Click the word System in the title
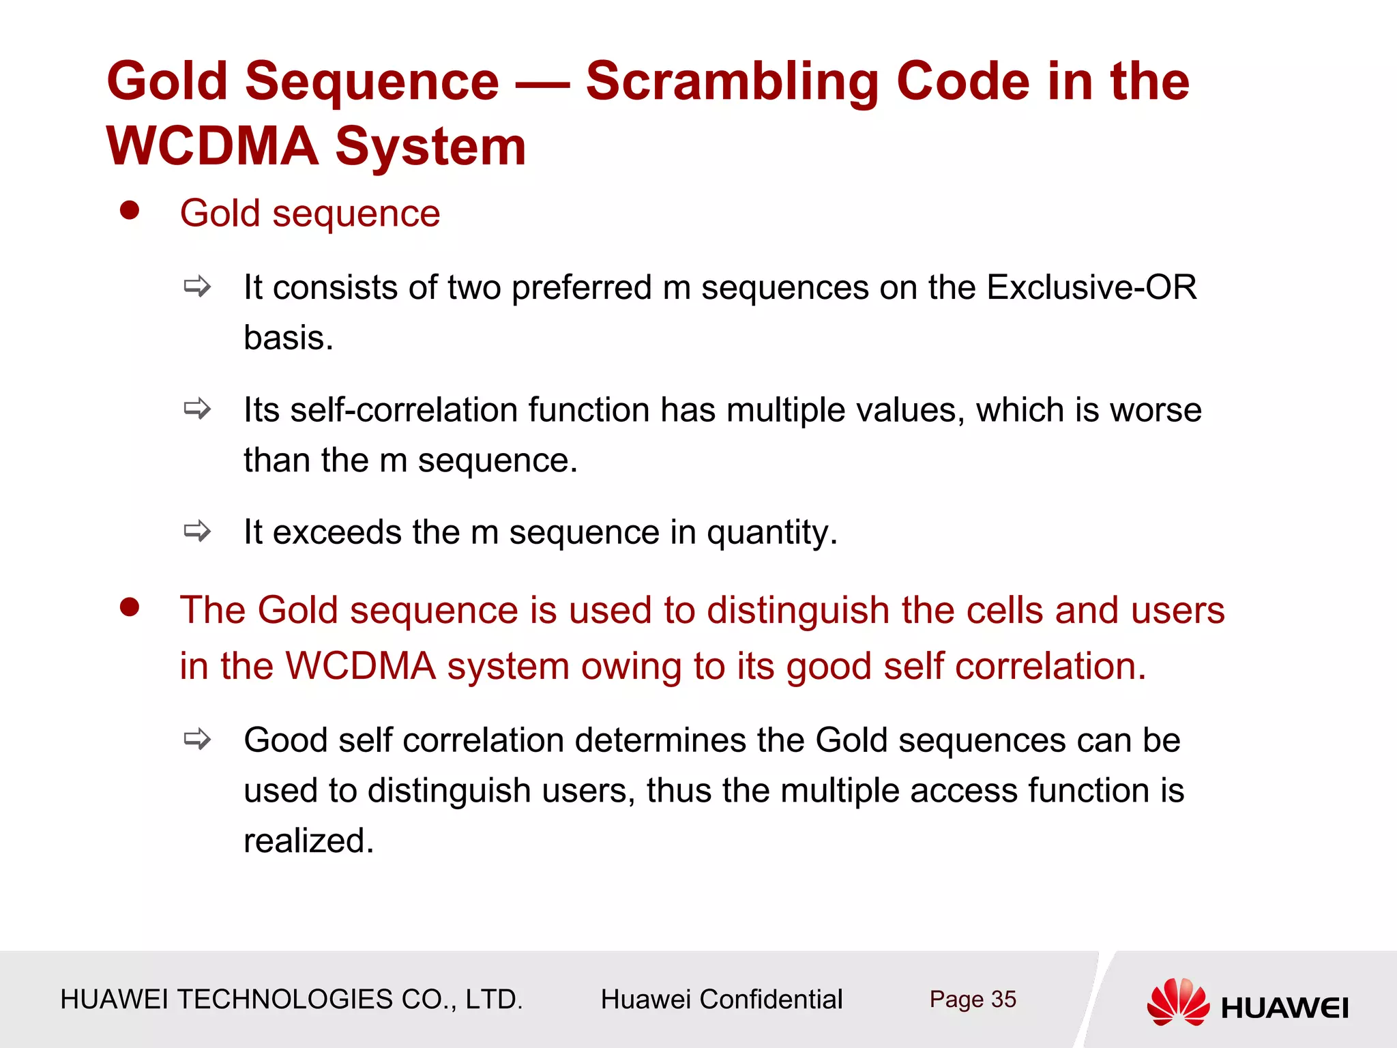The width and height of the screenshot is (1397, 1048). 430,146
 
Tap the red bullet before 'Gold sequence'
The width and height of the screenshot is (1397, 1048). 130,210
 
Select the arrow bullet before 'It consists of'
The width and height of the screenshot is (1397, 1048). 197,286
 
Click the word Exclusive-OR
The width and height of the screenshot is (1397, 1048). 1091,287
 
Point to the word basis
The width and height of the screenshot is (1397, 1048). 288,338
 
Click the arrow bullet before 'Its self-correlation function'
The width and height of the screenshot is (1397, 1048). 197,409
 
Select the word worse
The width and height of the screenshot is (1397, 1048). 1156,410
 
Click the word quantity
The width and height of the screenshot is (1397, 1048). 771,532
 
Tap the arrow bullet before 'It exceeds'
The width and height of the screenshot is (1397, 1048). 197,530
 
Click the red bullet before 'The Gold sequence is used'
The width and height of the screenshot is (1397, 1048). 130,607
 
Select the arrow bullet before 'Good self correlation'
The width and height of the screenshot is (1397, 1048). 197,739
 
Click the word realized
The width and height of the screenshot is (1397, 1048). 308,841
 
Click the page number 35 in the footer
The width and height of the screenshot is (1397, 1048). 1003,999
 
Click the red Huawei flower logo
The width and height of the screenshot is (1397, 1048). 1178,1002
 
